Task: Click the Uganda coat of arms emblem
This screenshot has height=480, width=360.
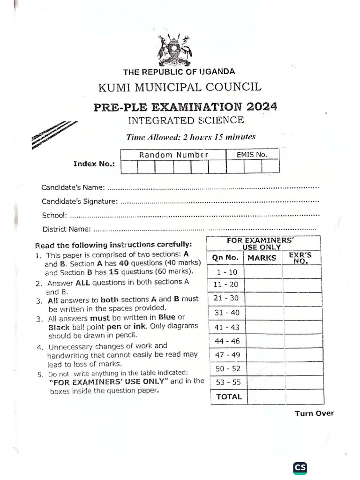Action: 175,50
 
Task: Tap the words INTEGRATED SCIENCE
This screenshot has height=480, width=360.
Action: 186,120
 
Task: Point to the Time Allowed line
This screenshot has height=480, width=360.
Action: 191,137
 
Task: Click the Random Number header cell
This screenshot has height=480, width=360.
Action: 173,155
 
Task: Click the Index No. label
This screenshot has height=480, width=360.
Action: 94,164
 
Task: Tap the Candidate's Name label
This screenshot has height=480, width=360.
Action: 73,187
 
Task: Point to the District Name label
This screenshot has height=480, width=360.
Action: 67,229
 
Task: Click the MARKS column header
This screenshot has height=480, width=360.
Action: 262,258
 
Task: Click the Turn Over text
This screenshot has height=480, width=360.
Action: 314,413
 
